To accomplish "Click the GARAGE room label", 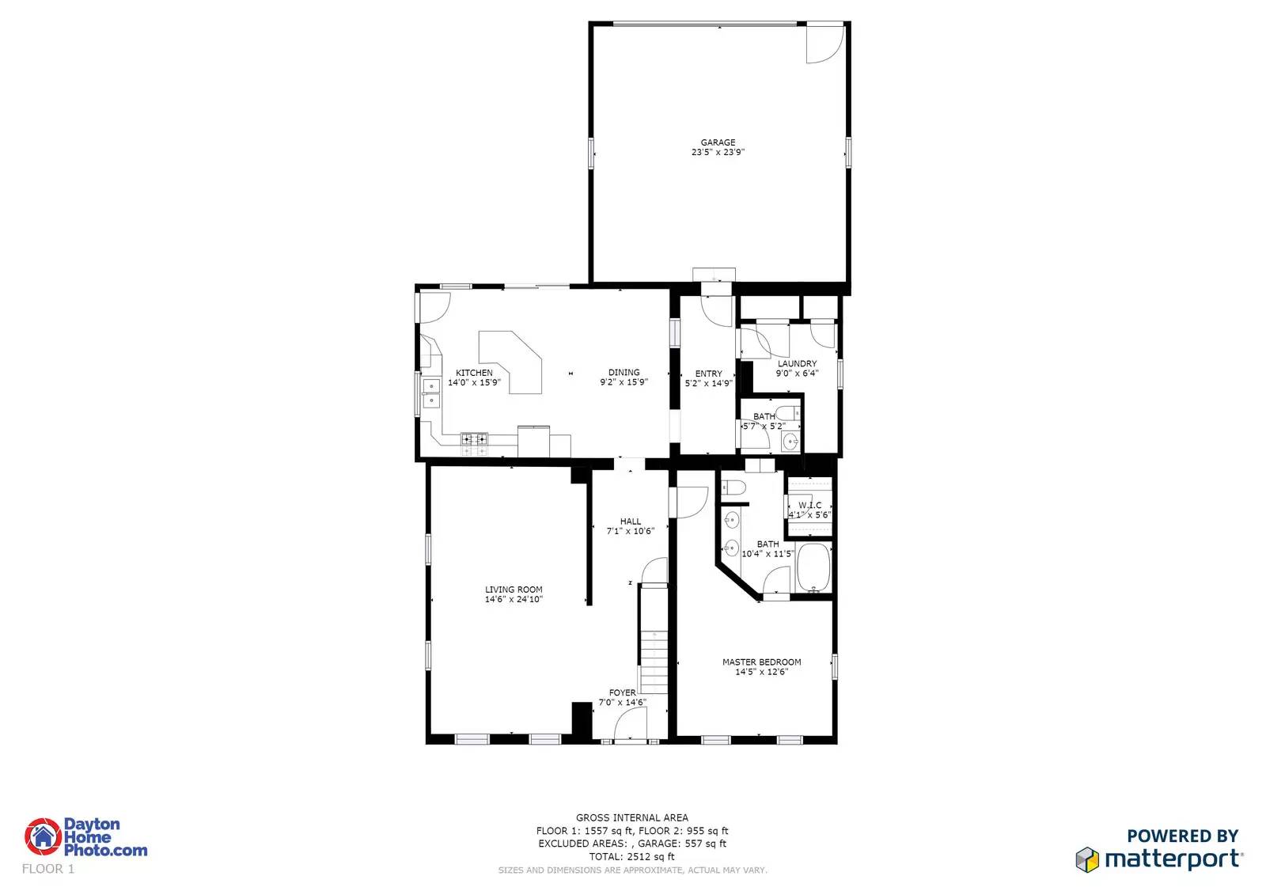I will (x=718, y=142).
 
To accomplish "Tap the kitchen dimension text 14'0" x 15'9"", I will (x=474, y=383).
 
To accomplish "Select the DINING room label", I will (x=624, y=372).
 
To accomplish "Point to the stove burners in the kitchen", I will (x=475, y=443).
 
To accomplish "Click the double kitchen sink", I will (x=431, y=393).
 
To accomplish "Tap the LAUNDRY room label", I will (x=797, y=364).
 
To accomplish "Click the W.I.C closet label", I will (x=809, y=505).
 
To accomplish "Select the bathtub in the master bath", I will (x=813, y=567).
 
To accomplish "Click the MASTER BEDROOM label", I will (x=761, y=662).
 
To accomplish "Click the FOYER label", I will (x=622, y=692).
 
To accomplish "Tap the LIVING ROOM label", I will (x=514, y=590).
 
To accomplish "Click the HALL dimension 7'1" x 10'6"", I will (x=630, y=531).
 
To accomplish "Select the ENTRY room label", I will (x=708, y=374).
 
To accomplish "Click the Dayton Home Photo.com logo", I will (x=85, y=837).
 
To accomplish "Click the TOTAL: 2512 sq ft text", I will (x=631, y=856).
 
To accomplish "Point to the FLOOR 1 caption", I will (x=48, y=869).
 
